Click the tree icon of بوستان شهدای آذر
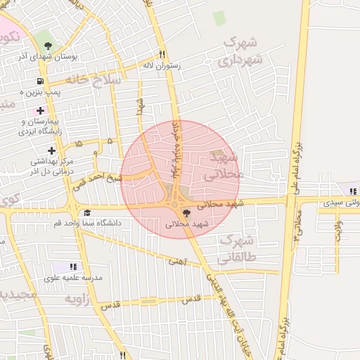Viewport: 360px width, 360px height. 47,44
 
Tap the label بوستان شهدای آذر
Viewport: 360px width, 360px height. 47,57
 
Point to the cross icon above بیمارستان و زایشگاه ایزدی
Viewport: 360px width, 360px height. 40,110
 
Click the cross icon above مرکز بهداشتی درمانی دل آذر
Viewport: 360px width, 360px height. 51,150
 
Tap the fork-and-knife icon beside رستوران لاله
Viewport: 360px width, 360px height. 162,53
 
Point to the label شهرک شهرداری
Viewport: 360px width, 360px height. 240,52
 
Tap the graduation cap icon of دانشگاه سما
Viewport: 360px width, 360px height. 87,212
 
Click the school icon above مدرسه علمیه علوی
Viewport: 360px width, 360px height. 74,266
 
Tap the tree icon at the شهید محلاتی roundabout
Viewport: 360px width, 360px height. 186,212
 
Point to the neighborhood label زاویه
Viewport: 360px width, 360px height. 78,299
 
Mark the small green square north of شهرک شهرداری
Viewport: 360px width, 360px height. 219,19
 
